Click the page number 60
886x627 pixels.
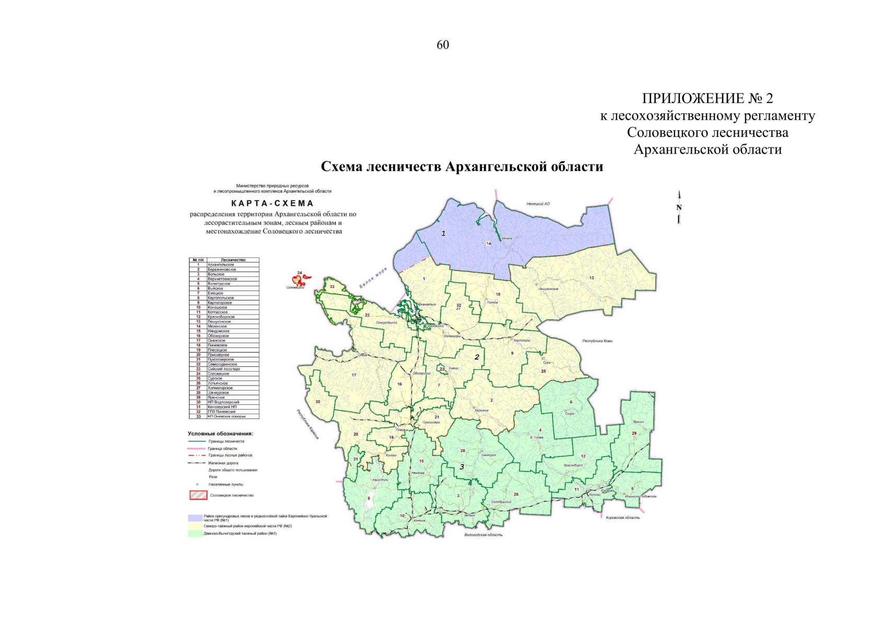click(442, 45)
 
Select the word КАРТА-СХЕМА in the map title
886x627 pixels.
click(272, 203)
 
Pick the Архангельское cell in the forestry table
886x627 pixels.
click(220, 264)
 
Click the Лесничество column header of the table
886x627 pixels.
click(233, 260)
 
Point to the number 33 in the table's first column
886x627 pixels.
click(198, 416)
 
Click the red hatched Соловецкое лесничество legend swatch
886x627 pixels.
click(198, 495)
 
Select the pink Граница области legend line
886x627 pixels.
click(196, 448)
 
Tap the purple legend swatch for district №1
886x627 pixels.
click(195, 518)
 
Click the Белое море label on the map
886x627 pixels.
click(373, 277)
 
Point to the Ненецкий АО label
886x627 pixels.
click(538, 204)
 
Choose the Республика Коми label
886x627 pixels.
click(597, 341)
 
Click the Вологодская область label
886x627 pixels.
click(483, 535)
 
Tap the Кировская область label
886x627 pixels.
click(623, 518)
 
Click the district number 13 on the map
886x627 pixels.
click(592, 278)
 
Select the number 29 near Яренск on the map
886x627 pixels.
click(634, 433)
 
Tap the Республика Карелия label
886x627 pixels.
click(308, 424)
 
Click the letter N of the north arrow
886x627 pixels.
click(679, 207)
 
